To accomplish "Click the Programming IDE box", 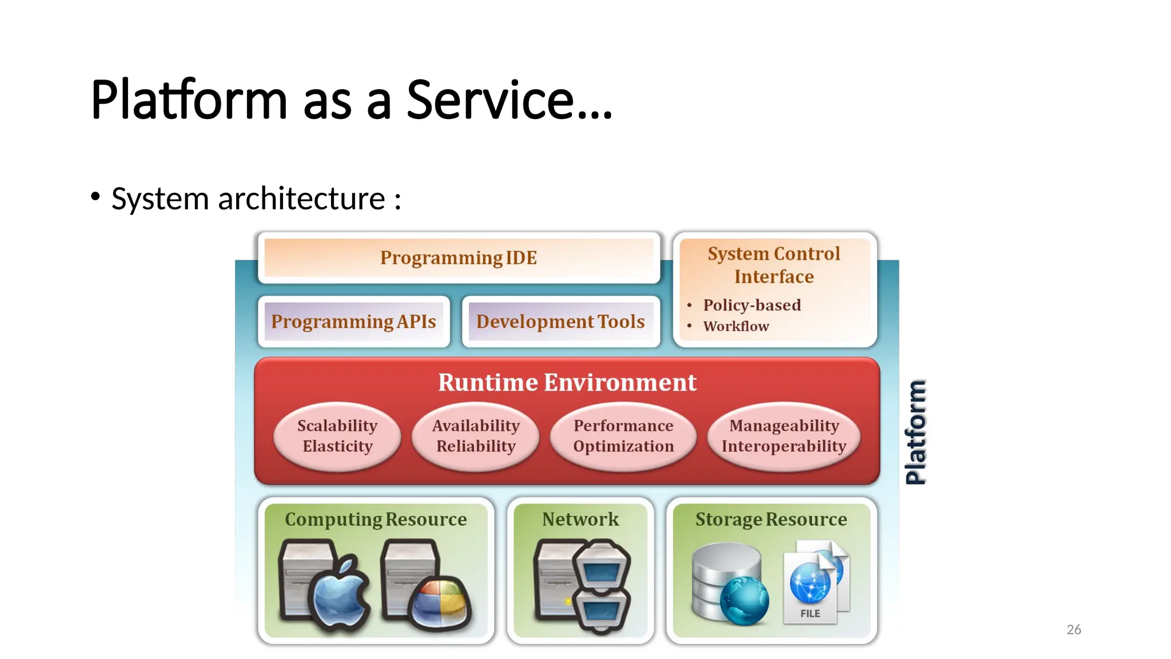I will (459, 258).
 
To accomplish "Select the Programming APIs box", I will (353, 321).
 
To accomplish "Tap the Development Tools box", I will (560, 321).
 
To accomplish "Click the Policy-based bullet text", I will (752, 305).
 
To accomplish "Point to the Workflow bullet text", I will (736, 326).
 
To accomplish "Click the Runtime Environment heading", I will (567, 382).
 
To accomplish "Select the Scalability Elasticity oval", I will (337, 436).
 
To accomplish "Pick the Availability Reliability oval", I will (476, 436).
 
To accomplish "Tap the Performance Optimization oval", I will (623, 436).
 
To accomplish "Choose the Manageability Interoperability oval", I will (784, 436).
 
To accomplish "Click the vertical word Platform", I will (916, 432).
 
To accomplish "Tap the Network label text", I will (580, 519).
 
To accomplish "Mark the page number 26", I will (1074, 630).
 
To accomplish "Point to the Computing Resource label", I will (376, 519).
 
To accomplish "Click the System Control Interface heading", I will (774, 265).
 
